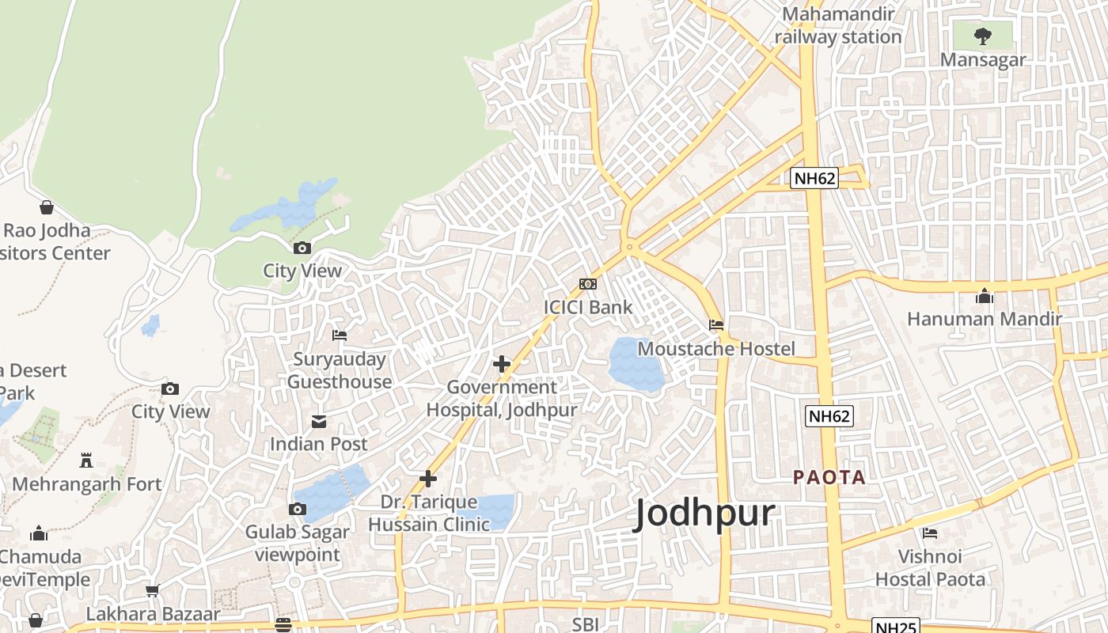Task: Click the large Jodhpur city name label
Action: (x=704, y=514)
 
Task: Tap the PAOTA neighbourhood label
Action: (x=829, y=477)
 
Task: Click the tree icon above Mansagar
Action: (x=982, y=36)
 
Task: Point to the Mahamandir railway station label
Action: (x=838, y=25)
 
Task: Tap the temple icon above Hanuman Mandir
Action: (x=985, y=296)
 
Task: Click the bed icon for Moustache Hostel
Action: (x=716, y=325)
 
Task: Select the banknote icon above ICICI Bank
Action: (x=588, y=284)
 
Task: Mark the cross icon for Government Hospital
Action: (x=502, y=364)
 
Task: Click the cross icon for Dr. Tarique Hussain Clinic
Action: (x=428, y=479)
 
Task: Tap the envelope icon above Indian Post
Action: (x=319, y=421)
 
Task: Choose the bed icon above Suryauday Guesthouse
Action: (x=340, y=335)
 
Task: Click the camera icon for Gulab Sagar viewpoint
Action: (x=298, y=509)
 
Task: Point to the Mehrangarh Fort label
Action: (x=87, y=483)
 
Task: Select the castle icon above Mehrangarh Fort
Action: (x=86, y=461)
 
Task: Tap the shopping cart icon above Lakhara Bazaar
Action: (x=153, y=590)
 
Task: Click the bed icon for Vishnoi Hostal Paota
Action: (x=930, y=533)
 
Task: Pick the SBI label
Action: (x=585, y=624)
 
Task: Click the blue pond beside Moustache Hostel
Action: (x=635, y=364)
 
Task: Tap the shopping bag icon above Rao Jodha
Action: (x=47, y=207)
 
